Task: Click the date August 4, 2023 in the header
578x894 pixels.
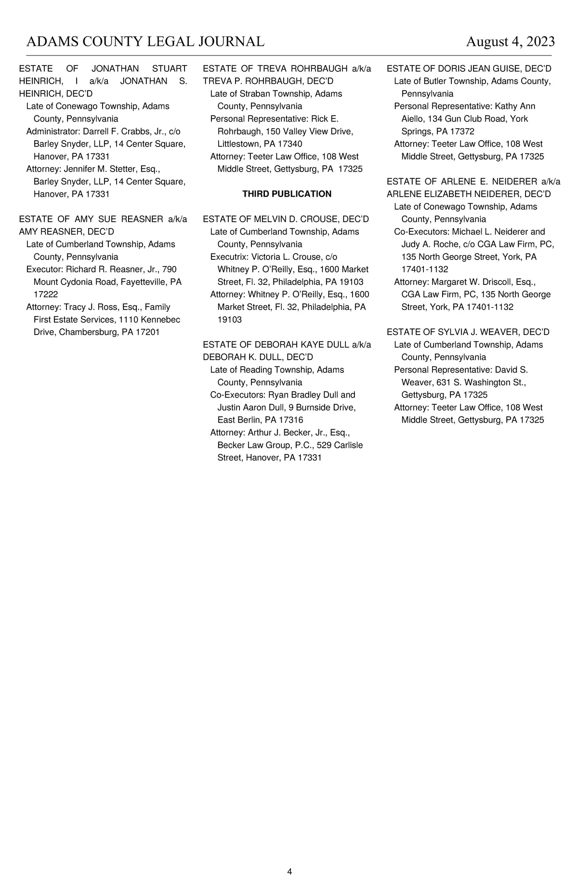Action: [x=510, y=42]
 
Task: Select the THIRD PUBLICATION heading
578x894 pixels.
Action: [x=287, y=194]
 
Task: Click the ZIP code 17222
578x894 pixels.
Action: [x=46, y=294]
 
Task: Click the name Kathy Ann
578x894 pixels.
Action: [x=515, y=107]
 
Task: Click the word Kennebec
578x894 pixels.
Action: [x=160, y=320]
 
